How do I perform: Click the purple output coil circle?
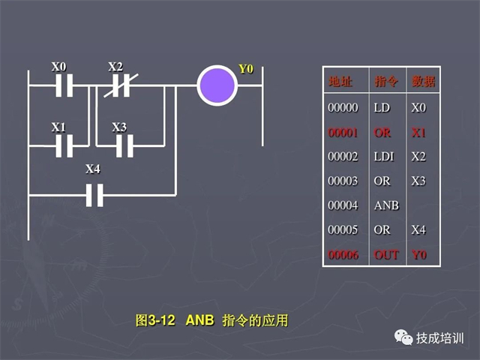point(217,85)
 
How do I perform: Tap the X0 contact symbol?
point(63,85)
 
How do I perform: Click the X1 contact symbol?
point(63,145)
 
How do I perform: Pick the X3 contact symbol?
point(120,145)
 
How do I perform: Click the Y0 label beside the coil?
point(246,69)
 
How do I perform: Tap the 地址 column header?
point(340,81)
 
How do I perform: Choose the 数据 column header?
point(422,81)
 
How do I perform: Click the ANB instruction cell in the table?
point(385,205)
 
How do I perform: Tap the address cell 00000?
point(343,108)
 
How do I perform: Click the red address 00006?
point(343,255)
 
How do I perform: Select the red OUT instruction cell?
point(385,255)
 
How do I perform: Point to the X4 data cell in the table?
point(418,229)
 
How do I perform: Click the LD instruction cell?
point(382,108)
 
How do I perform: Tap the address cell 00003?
point(343,181)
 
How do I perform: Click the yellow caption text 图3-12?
point(155,320)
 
